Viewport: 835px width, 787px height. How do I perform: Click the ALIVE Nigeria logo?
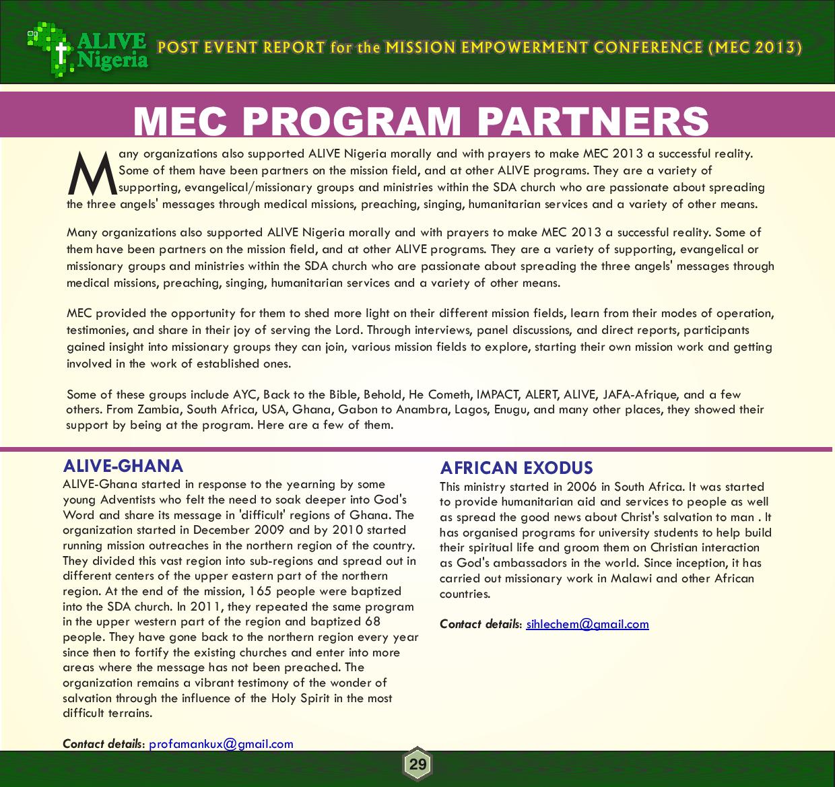(x=88, y=48)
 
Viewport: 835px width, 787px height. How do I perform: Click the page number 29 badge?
(x=417, y=764)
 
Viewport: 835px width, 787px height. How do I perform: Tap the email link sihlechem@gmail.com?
(x=587, y=624)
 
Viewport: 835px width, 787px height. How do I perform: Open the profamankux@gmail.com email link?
(x=221, y=744)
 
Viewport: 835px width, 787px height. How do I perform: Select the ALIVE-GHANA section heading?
(x=123, y=466)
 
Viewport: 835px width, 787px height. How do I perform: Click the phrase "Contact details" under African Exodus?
(x=479, y=624)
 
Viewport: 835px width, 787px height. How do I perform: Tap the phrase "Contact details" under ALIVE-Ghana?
(x=102, y=744)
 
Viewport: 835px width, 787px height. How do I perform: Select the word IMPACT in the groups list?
(x=498, y=395)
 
